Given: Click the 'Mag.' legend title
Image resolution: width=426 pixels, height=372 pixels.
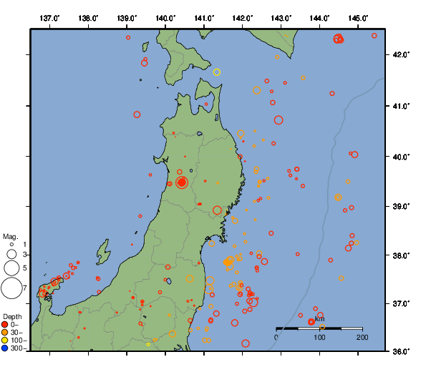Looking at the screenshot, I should [10, 236].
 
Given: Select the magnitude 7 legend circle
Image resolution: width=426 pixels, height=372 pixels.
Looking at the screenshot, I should [11, 288].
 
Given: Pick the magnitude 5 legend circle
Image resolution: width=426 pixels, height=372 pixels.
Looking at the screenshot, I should [11, 268].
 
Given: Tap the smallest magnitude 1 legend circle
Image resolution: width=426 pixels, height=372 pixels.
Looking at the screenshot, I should [11, 245].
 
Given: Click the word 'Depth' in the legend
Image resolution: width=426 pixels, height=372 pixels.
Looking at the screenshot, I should [12, 316].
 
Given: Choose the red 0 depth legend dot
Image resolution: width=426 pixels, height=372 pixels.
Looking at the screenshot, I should [5, 325].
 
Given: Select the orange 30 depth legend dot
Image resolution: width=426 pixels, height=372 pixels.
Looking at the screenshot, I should [5, 333].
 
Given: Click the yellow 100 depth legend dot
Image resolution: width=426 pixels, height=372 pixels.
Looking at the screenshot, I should [5, 341].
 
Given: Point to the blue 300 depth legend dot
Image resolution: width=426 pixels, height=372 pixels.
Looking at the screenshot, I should [5, 348].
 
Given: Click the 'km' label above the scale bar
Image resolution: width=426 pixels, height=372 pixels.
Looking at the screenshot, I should [319, 319].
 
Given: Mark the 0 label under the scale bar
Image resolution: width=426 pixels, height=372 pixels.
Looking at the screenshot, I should [277, 337].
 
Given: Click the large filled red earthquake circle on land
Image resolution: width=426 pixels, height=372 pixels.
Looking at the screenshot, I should [182, 182].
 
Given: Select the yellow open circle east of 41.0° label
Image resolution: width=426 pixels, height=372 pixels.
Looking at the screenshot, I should [217, 72].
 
